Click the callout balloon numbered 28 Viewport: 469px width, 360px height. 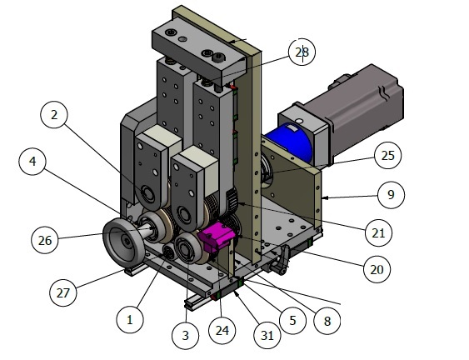coord(301,52)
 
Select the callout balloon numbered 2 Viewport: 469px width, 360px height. coord(54,116)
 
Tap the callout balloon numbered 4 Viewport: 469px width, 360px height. coord(32,162)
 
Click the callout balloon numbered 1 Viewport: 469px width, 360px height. coord(129,318)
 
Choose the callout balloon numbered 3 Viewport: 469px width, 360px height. coord(185,336)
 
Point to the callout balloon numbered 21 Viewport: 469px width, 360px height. coord(380,232)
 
